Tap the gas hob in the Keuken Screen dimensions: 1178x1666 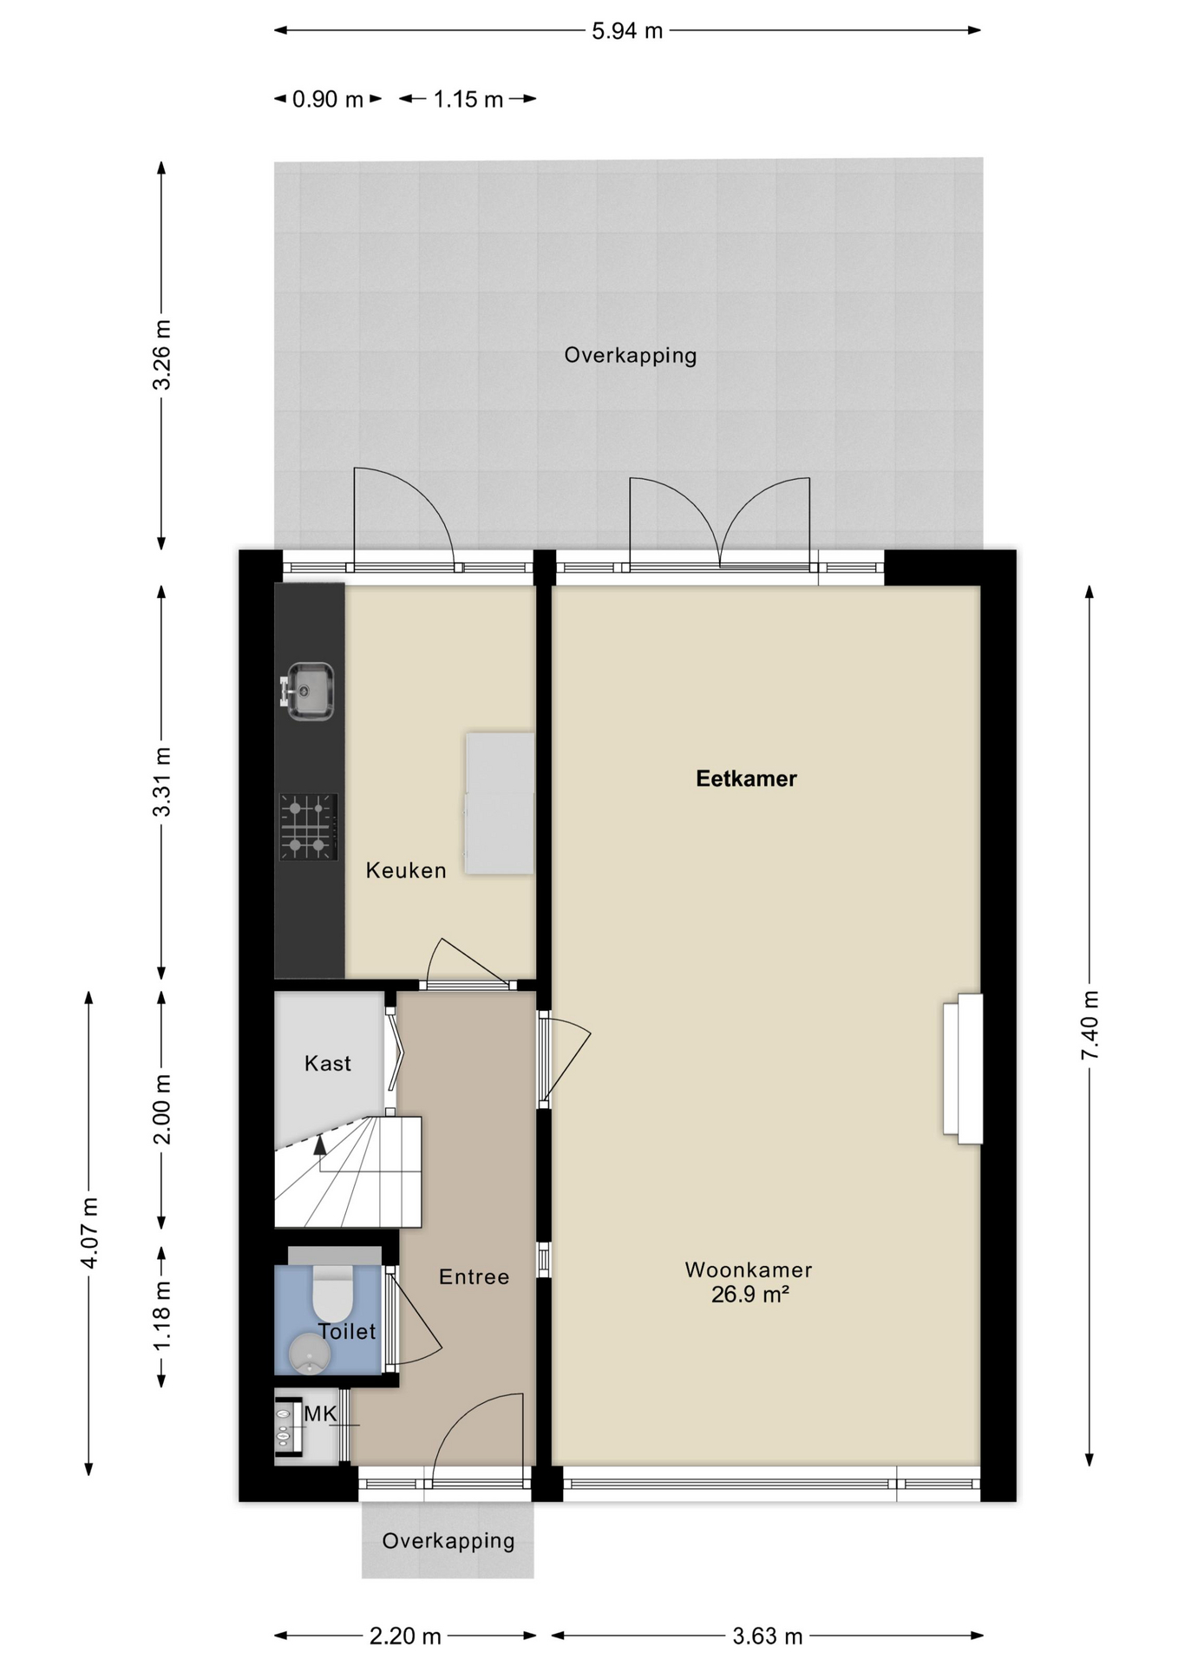[308, 826]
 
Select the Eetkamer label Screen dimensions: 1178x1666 [746, 778]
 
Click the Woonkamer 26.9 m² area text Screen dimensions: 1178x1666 [749, 1282]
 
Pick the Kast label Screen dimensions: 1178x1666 [327, 1063]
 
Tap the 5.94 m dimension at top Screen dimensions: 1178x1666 [627, 31]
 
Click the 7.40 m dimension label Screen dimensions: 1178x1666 [1090, 1025]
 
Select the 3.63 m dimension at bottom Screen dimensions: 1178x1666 [768, 1636]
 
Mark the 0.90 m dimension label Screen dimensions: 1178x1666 [327, 99]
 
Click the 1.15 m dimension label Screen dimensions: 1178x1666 [468, 99]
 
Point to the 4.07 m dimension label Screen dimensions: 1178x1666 [89, 1232]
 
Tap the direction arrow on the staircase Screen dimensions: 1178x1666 [320, 1145]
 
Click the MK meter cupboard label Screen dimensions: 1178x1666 [320, 1413]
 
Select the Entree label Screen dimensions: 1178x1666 [474, 1276]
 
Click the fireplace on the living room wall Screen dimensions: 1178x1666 [963, 1069]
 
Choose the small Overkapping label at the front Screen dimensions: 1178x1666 [448, 1541]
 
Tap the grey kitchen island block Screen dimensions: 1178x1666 [500, 803]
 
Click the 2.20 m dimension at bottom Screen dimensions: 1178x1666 [405, 1636]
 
